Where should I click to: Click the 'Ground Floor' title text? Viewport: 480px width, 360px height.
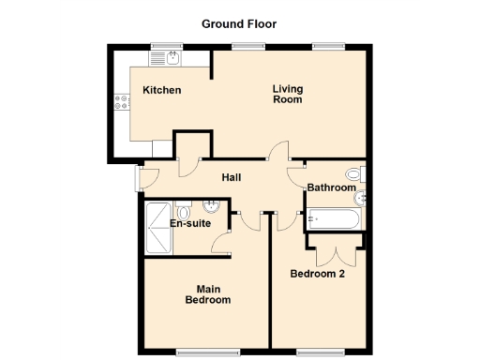239,23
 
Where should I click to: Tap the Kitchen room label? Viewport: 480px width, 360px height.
161,90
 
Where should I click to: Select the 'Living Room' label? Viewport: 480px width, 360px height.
288,95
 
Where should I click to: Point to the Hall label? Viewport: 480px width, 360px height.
233,176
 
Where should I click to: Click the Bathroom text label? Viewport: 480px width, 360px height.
332,187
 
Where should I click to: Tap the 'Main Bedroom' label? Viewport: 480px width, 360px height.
207,294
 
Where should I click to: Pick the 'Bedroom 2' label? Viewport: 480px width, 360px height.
318,274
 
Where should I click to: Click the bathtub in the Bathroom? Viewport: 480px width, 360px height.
332,220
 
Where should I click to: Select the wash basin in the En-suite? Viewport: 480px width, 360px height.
213,205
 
